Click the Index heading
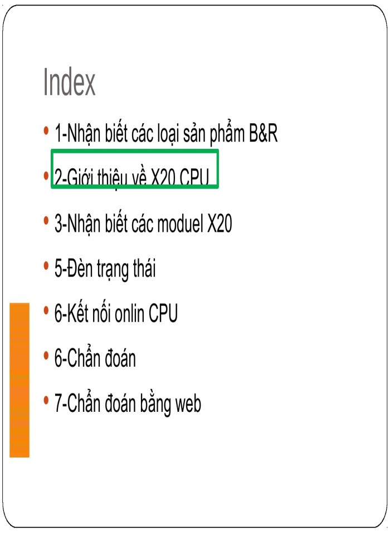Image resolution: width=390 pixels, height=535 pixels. click(69, 82)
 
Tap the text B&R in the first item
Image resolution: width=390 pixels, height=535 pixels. click(263, 133)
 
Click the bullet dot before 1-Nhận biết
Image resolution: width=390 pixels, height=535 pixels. click(46, 131)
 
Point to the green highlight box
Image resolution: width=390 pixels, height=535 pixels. click(134, 150)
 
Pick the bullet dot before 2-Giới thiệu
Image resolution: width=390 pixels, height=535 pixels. click(46, 176)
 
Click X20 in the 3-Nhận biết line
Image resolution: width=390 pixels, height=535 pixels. click(220, 224)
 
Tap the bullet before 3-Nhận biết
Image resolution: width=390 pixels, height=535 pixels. click(46, 221)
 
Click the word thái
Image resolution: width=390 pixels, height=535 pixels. click(144, 268)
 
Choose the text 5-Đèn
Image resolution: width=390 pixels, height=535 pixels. click(74, 268)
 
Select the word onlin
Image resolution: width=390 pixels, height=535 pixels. click(129, 313)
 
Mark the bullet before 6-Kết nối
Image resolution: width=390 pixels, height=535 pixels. click(46, 311)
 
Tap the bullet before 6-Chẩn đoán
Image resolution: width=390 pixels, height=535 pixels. click(46, 356)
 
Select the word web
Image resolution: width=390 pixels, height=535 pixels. click(188, 403)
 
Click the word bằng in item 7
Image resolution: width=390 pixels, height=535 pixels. click(155, 405)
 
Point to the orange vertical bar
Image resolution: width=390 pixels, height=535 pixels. click(19, 380)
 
